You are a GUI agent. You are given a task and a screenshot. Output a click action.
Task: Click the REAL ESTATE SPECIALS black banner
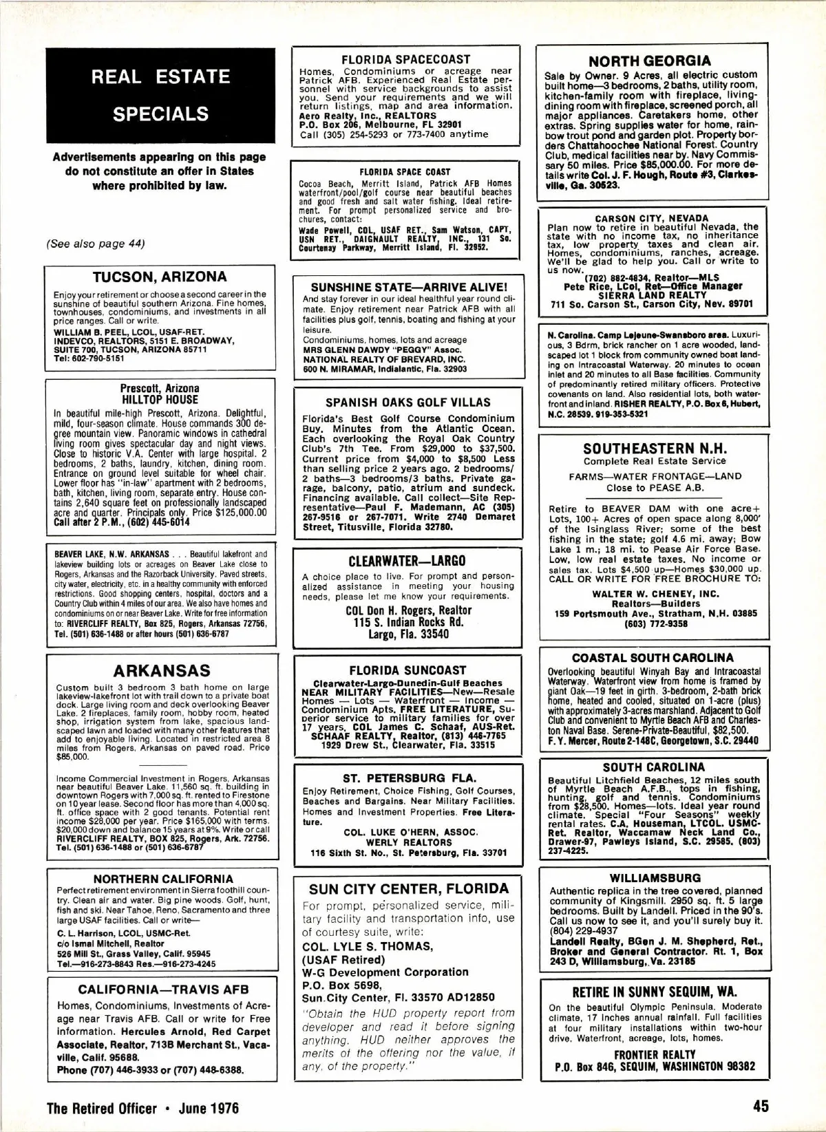click(x=160, y=95)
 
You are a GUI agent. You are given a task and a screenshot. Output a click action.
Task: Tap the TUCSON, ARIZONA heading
click(x=160, y=277)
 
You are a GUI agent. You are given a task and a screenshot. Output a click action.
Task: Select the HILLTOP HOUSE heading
click(x=160, y=399)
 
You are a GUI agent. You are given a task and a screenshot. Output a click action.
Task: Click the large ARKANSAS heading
click(x=162, y=670)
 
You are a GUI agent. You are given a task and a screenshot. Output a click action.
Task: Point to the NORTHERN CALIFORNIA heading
click(x=163, y=879)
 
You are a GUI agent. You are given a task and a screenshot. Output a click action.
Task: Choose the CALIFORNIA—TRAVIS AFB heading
click(x=163, y=990)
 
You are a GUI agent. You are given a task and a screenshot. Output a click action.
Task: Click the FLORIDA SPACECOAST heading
click(x=406, y=59)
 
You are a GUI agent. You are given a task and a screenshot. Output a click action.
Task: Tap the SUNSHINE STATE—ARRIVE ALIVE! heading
click(x=409, y=287)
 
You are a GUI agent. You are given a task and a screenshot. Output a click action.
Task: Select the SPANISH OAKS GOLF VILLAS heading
click(x=407, y=402)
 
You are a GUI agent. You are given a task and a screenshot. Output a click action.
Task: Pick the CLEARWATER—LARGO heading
click(x=407, y=560)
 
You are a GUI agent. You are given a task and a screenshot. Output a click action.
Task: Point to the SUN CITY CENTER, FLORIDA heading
click(x=409, y=888)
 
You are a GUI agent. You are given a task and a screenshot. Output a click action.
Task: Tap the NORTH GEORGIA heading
click(x=649, y=61)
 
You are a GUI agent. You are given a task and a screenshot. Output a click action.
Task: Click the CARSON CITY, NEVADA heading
click(x=651, y=218)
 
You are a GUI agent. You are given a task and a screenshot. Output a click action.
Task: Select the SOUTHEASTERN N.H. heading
click(x=654, y=448)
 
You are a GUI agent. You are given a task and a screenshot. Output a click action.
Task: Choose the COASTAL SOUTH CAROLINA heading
click(x=653, y=657)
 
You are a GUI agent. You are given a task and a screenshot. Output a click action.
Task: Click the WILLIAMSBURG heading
click(x=655, y=877)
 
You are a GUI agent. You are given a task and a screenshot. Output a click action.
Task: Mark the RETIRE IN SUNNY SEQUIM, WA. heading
click(x=655, y=992)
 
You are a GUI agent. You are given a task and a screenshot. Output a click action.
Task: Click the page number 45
click(x=761, y=1107)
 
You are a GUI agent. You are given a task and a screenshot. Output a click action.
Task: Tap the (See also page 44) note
click(x=96, y=243)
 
